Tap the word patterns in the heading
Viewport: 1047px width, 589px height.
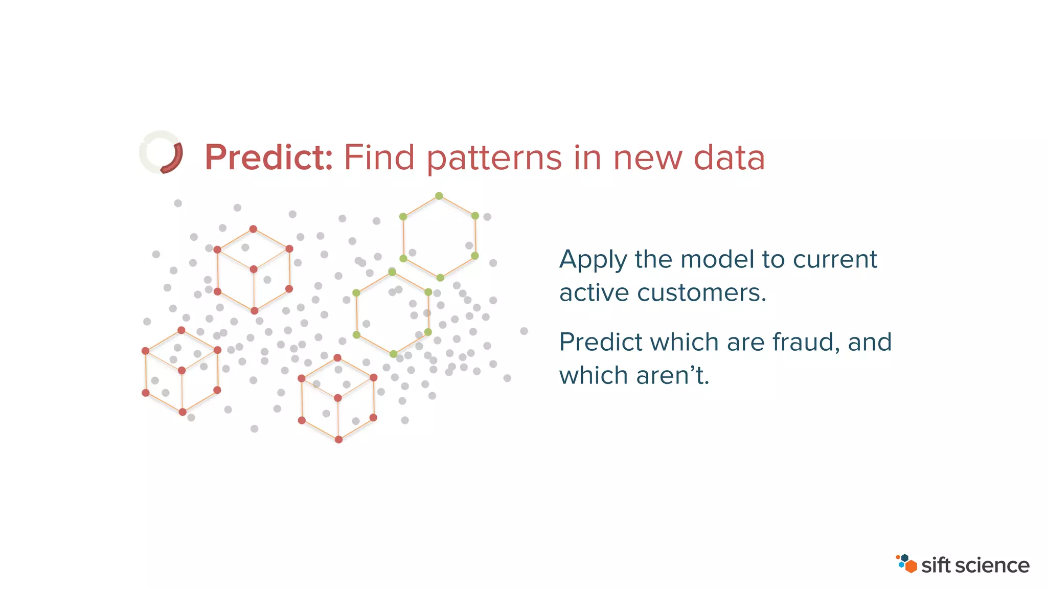click(x=494, y=158)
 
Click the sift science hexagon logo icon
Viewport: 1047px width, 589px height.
click(x=906, y=563)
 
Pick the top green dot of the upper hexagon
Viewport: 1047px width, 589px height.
click(x=439, y=196)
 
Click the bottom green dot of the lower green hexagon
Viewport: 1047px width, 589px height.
click(x=393, y=354)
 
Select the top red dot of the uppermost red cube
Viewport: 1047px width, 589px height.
click(x=253, y=229)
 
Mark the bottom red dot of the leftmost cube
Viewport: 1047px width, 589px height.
click(x=183, y=412)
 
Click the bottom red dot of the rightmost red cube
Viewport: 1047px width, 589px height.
click(x=338, y=439)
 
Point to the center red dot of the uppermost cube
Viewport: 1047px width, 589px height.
click(x=254, y=269)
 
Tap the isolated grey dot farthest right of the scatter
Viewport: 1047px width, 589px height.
click(x=524, y=331)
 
